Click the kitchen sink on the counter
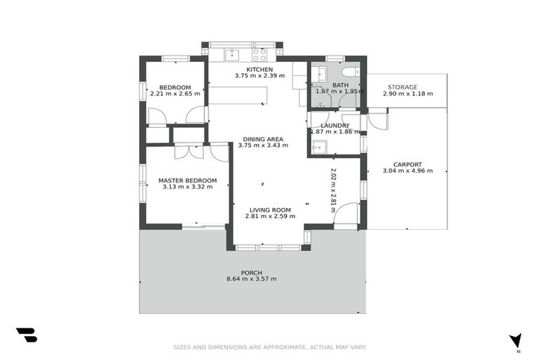point(233,53)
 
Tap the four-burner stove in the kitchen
point(259,53)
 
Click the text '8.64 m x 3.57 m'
point(251,279)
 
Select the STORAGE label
point(402,87)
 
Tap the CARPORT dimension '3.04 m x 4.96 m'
point(407,171)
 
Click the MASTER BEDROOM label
point(187,180)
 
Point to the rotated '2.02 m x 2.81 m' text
point(333,190)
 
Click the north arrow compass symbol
point(516,341)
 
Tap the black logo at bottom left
point(26,335)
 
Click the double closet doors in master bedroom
point(188,150)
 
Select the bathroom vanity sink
point(320,73)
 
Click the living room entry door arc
point(346,215)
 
